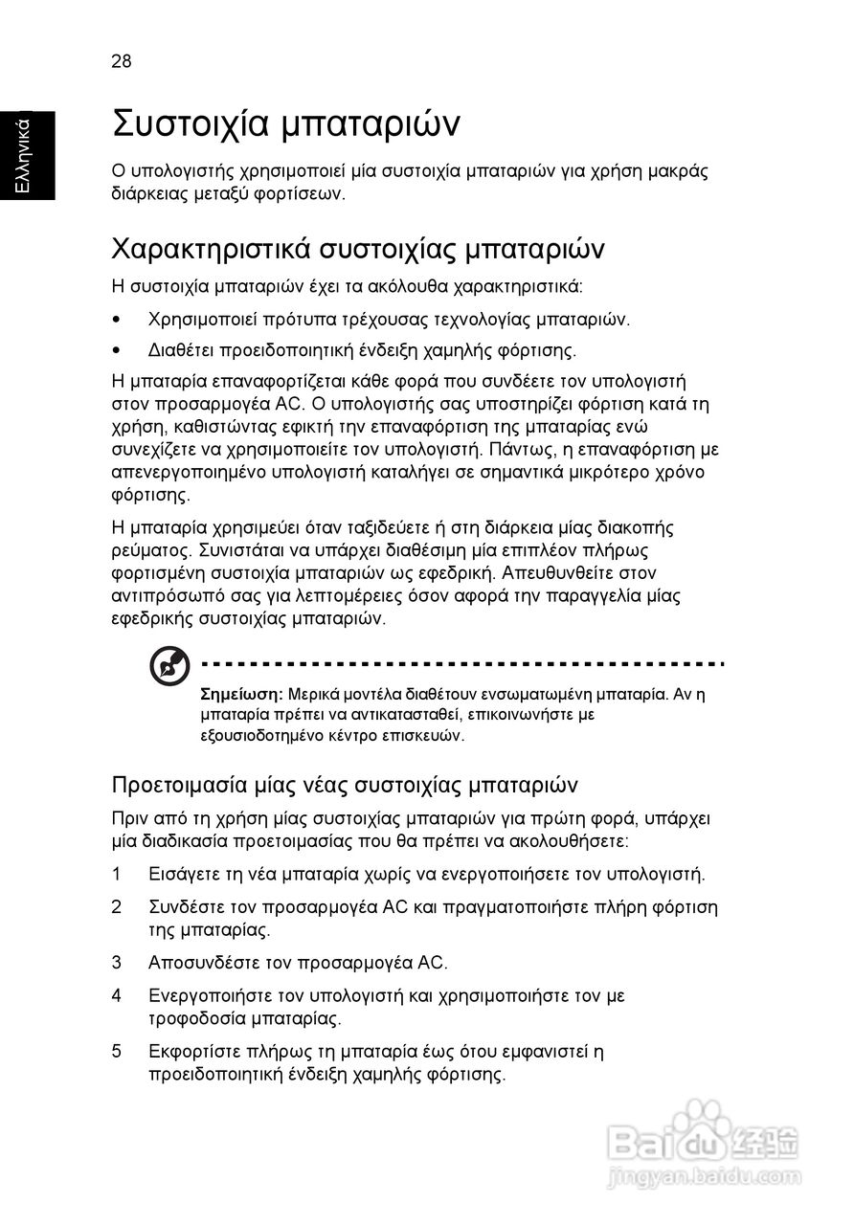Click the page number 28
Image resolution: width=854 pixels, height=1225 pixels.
[x=122, y=62]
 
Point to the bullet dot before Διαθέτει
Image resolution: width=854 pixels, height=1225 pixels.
[x=118, y=349]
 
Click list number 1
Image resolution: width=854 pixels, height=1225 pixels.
[x=117, y=874]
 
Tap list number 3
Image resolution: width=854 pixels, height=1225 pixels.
[x=117, y=962]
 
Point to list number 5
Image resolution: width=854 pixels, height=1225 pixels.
[x=117, y=1052]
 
